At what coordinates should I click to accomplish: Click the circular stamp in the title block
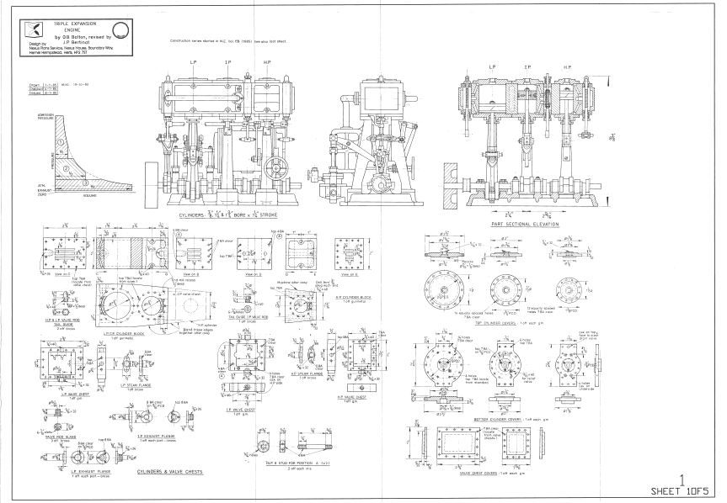click(121, 29)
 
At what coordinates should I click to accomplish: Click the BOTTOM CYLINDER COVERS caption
click(487, 416)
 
